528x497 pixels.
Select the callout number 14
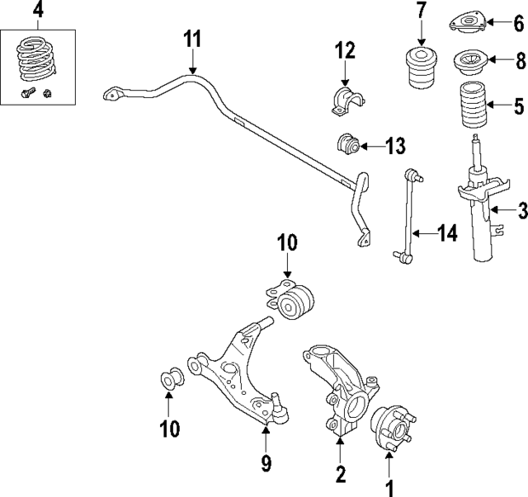[x=446, y=234]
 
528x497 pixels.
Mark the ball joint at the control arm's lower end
[x=276, y=405]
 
